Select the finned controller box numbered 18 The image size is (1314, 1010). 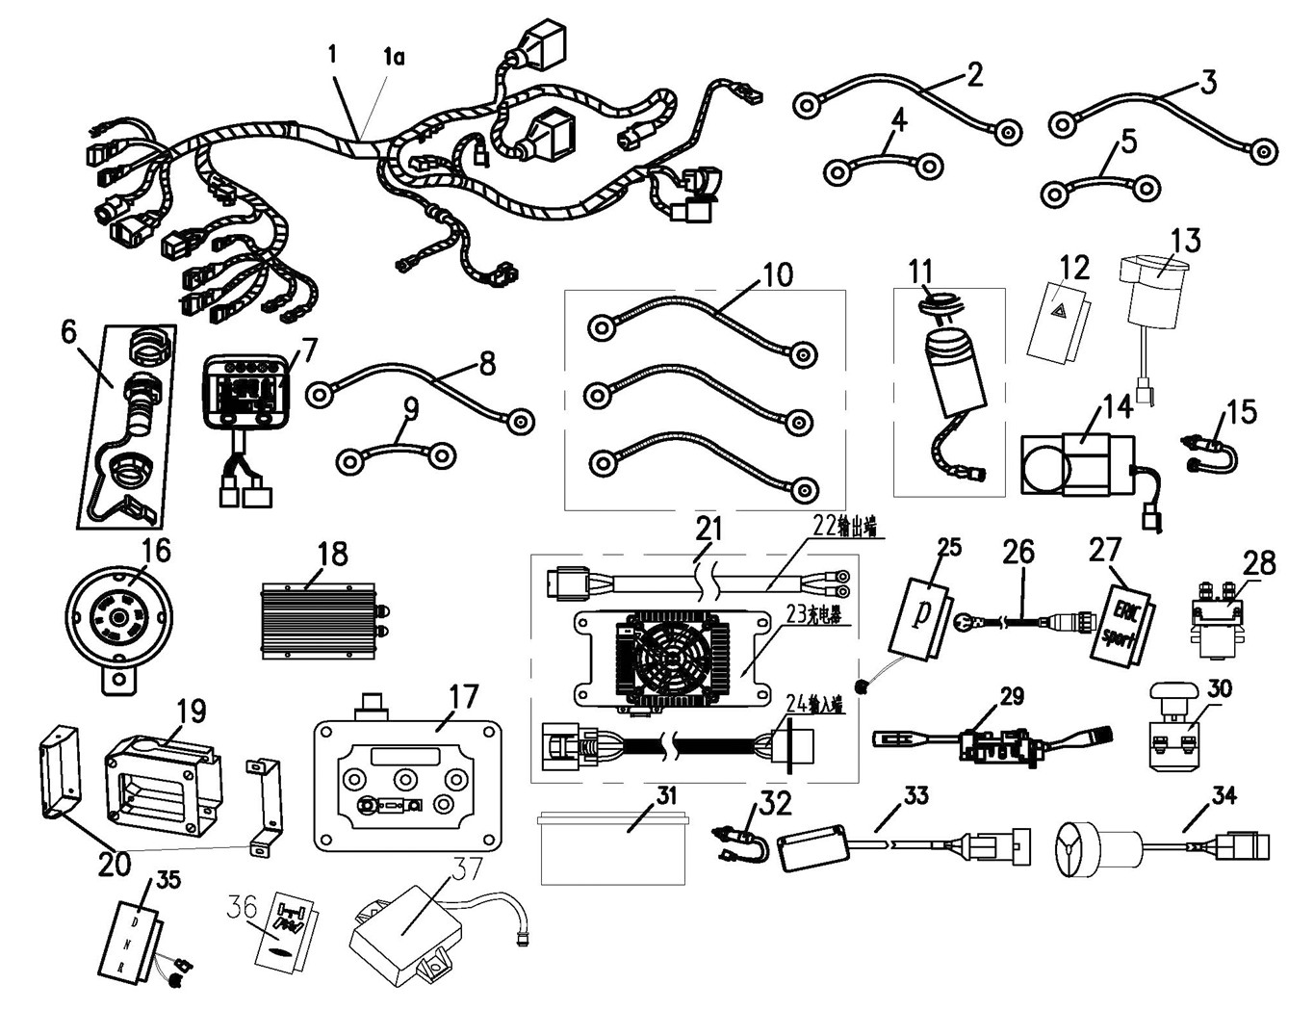318,621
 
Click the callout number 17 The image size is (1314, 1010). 463,695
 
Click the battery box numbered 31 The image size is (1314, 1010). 613,847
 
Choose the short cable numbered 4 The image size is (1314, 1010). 883,166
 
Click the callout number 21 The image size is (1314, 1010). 710,530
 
